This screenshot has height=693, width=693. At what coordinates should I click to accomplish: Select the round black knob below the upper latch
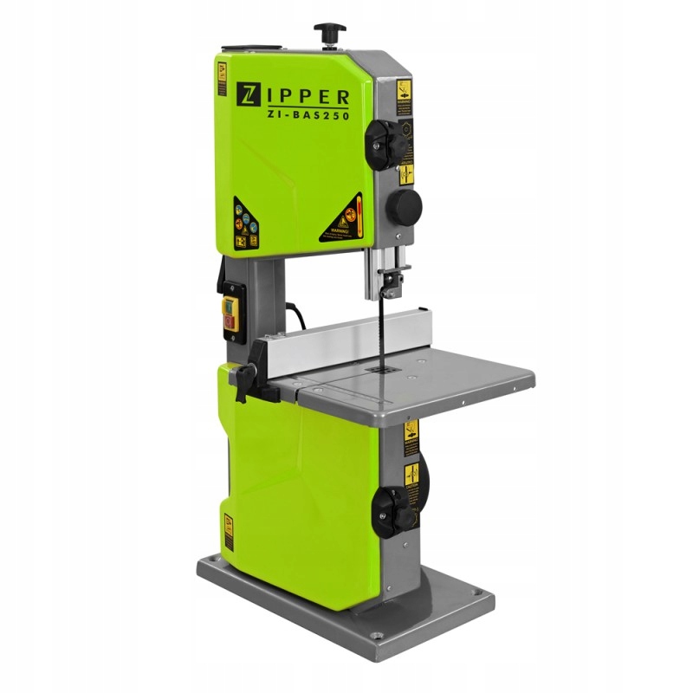point(403,205)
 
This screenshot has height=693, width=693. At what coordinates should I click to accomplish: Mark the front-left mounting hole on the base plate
point(207,567)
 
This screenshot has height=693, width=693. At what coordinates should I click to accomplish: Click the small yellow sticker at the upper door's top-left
point(221,78)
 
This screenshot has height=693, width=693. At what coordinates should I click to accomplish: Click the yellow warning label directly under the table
point(411,431)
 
